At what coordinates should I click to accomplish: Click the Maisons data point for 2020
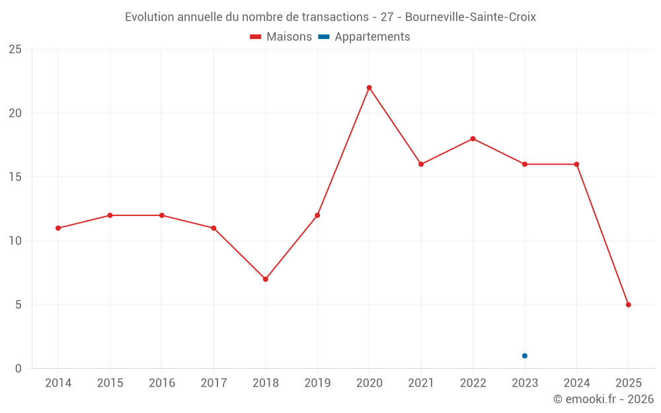(x=369, y=87)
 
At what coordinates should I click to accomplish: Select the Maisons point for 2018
(x=265, y=279)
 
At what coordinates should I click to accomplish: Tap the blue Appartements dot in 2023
(x=525, y=356)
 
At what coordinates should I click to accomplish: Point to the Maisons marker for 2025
(x=629, y=305)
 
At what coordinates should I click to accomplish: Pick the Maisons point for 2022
(x=473, y=139)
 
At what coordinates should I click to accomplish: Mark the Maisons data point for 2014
(x=58, y=228)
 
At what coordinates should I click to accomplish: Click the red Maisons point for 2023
(x=525, y=164)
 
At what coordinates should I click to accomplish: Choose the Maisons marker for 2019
(x=317, y=215)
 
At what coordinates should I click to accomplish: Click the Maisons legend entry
(x=281, y=37)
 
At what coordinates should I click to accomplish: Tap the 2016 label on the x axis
(x=162, y=383)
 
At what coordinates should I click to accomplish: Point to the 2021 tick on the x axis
(x=421, y=383)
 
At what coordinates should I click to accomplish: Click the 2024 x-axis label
(x=576, y=383)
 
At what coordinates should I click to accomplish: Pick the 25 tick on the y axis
(x=15, y=50)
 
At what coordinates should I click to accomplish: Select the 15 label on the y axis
(x=15, y=177)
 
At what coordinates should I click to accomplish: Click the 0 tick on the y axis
(x=19, y=369)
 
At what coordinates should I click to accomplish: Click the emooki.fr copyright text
(x=603, y=399)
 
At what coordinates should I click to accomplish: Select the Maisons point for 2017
(x=214, y=228)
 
